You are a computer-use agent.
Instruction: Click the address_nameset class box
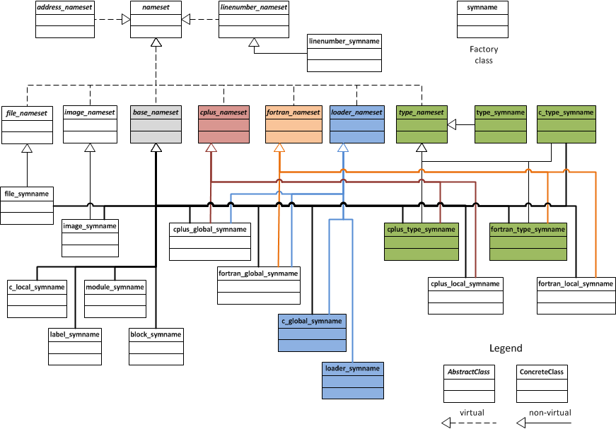(x=64, y=20)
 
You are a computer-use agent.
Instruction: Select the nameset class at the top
(x=156, y=20)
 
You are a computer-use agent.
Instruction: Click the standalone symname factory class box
(x=483, y=20)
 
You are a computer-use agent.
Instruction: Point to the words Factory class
(x=483, y=55)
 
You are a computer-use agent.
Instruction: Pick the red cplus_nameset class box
(x=223, y=125)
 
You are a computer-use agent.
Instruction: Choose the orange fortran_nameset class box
(x=293, y=125)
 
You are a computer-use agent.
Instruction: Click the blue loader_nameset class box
(x=357, y=125)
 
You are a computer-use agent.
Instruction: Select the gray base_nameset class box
(x=156, y=125)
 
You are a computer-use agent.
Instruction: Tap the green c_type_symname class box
(x=566, y=125)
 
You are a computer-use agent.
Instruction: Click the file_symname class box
(x=27, y=206)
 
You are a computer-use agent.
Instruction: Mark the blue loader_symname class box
(x=352, y=381)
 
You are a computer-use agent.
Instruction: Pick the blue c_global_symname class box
(x=312, y=333)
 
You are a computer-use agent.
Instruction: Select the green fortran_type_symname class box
(x=528, y=242)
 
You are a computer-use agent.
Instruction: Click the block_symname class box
(x=156, y=346)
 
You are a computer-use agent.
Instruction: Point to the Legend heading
(x=506, y=348)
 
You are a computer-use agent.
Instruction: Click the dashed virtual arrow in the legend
(x=469, y=422)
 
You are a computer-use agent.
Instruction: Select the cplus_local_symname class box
(x=465, y=296)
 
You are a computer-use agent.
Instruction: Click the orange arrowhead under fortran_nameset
(x=279, y=148)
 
